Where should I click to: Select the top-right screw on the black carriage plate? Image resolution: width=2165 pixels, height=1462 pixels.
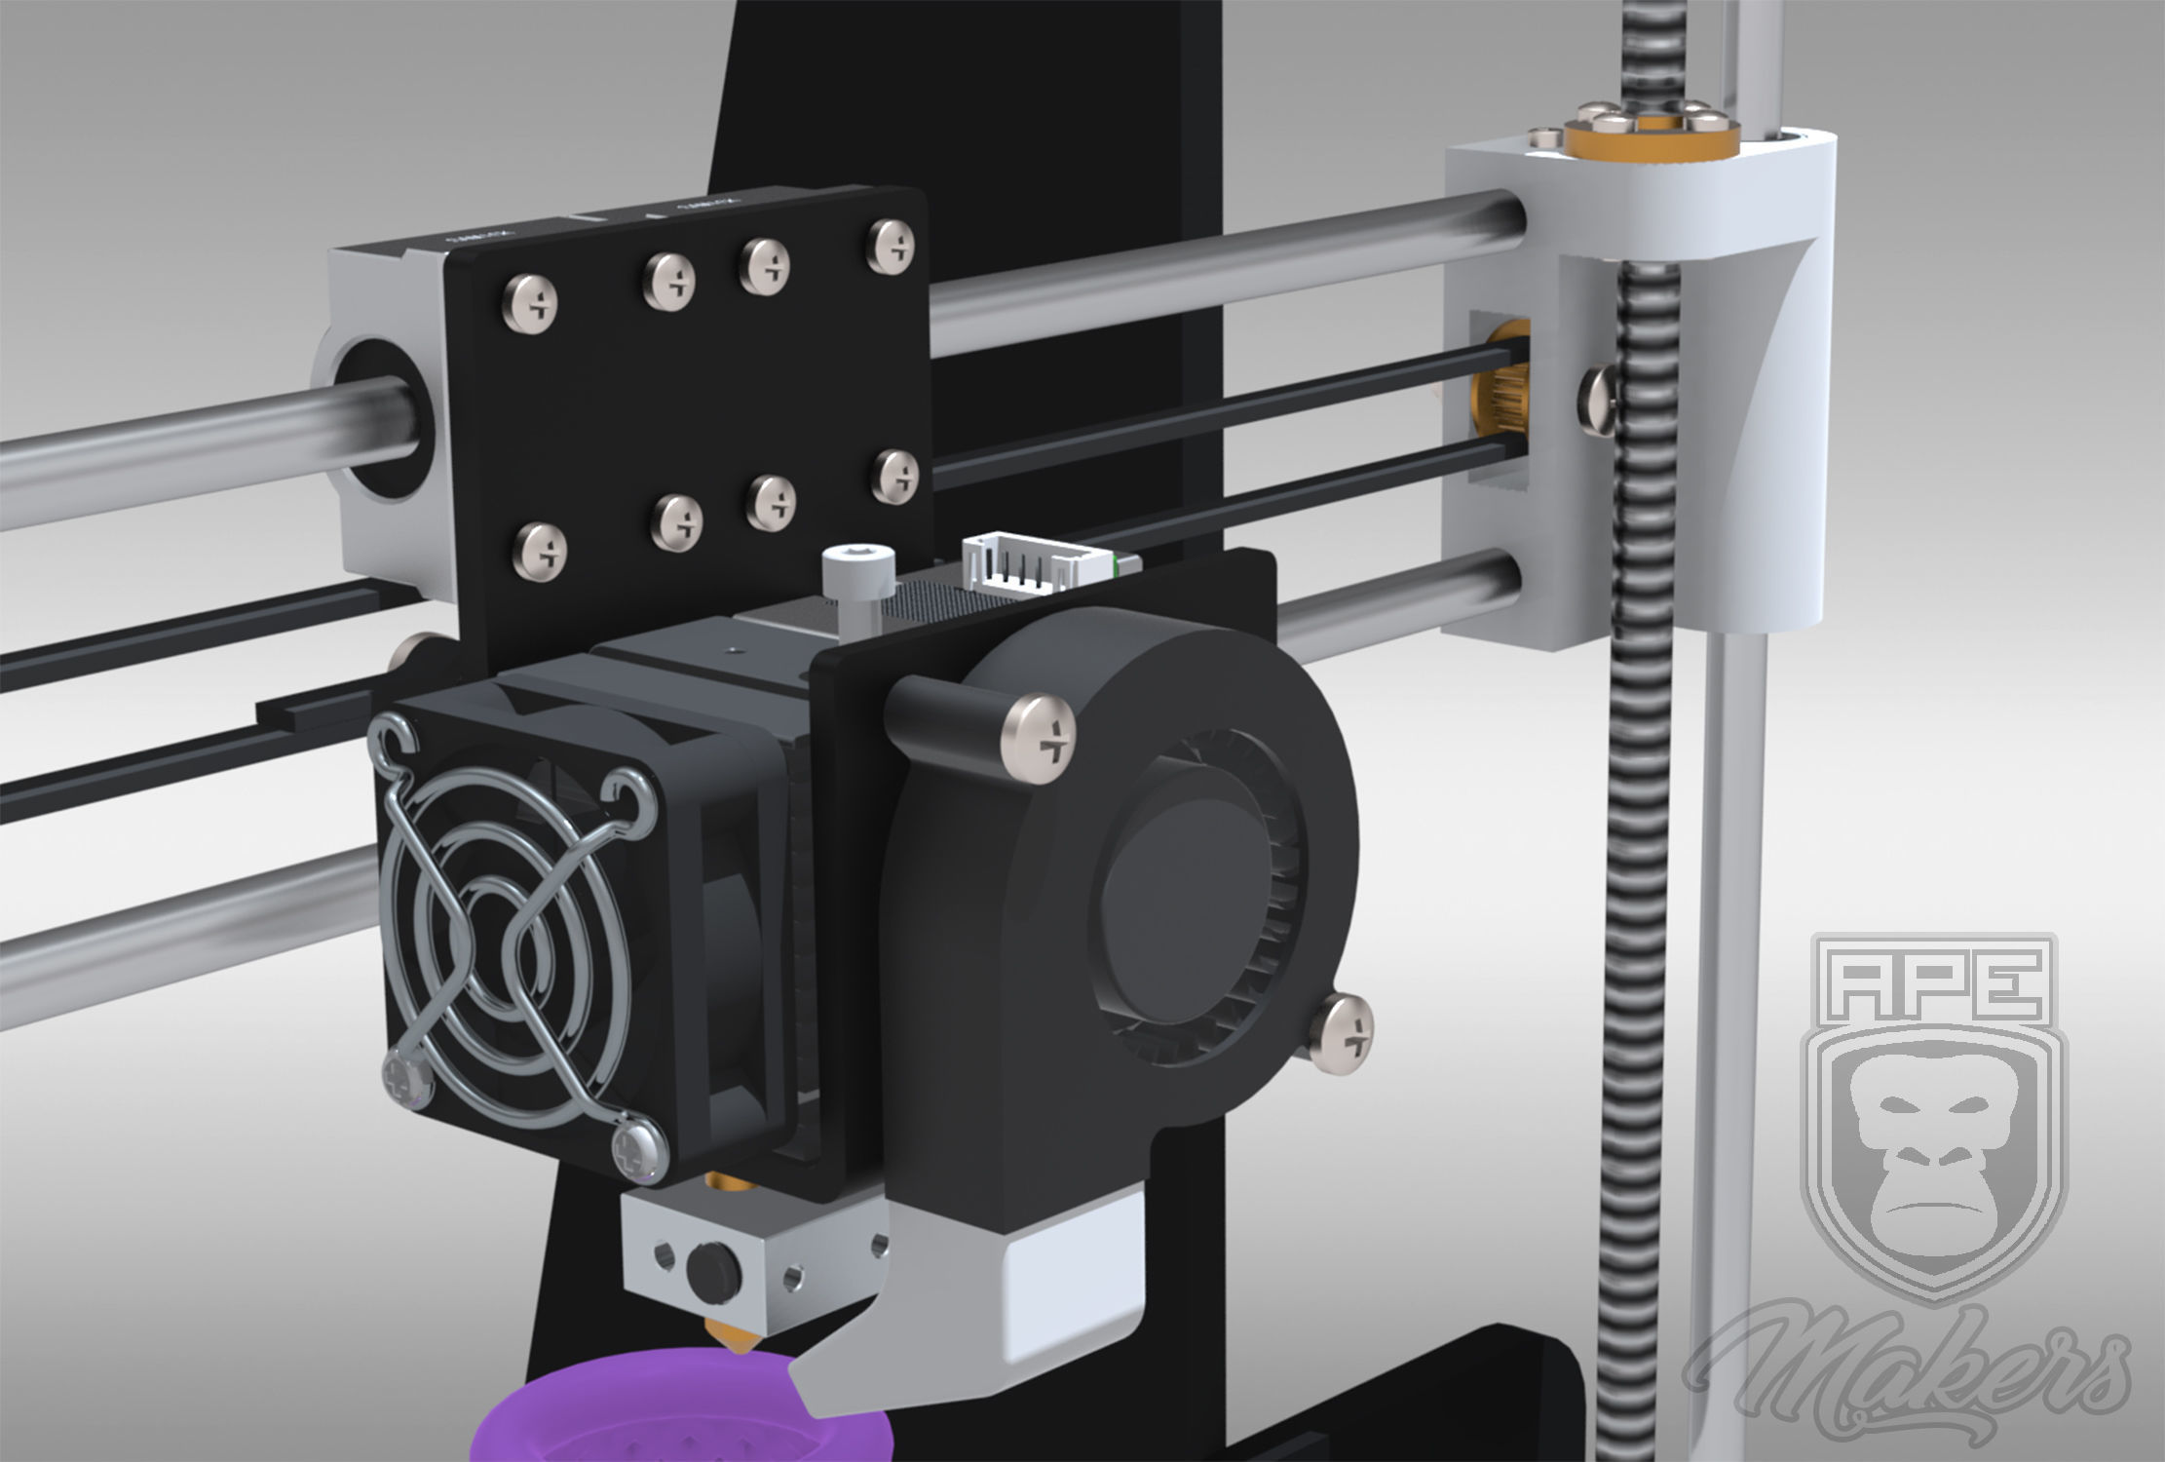893,243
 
